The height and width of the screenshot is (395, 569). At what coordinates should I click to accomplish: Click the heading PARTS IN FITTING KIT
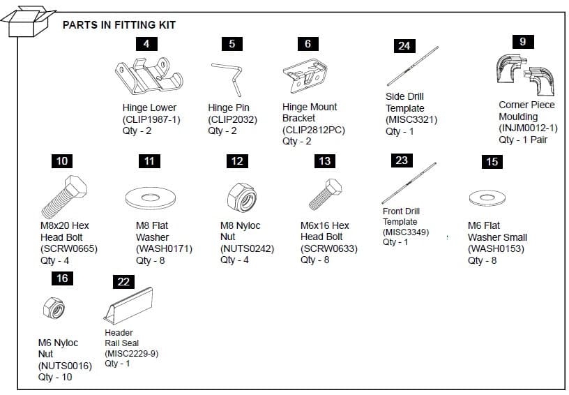click(x=119, y=25)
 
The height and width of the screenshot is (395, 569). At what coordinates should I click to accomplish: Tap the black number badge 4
click(x=146, y=43)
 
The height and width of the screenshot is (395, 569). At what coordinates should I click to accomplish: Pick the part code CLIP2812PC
click(x=313, y=130)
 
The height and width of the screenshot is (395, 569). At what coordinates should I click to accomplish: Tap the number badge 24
click(x=404, y=46)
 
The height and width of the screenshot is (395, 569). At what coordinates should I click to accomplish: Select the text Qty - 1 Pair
click(x=523, y=139)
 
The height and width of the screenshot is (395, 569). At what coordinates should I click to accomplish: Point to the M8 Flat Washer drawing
click(x=149, y=196)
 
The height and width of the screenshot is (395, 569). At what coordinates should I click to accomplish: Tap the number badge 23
click(x=401, y=161)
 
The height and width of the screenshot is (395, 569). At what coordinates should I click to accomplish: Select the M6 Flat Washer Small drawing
click(x=487, y=197)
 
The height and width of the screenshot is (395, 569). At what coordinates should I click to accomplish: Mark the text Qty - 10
click(x=55, y=377)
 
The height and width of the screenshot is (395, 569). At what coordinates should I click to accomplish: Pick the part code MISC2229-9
click(x=132, y=353)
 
